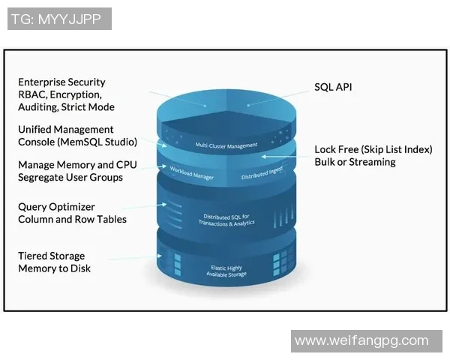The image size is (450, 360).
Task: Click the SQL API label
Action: point(333,87)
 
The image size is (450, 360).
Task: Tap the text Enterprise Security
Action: point(61,82)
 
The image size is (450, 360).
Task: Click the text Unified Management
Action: point(66,129)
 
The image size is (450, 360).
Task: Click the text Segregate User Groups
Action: point(70,177)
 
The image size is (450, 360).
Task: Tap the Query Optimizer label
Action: point(56,206)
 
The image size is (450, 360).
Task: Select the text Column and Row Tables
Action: point(72,219)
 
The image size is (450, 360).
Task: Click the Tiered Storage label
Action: point(52,256)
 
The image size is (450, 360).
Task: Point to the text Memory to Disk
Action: point(54,268)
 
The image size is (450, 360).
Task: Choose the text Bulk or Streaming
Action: point(356,162)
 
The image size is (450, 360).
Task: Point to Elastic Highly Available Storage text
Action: point(225,271)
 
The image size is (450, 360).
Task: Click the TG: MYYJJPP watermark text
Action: point(59,19)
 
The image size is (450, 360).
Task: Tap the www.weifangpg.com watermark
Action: point(361,340)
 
